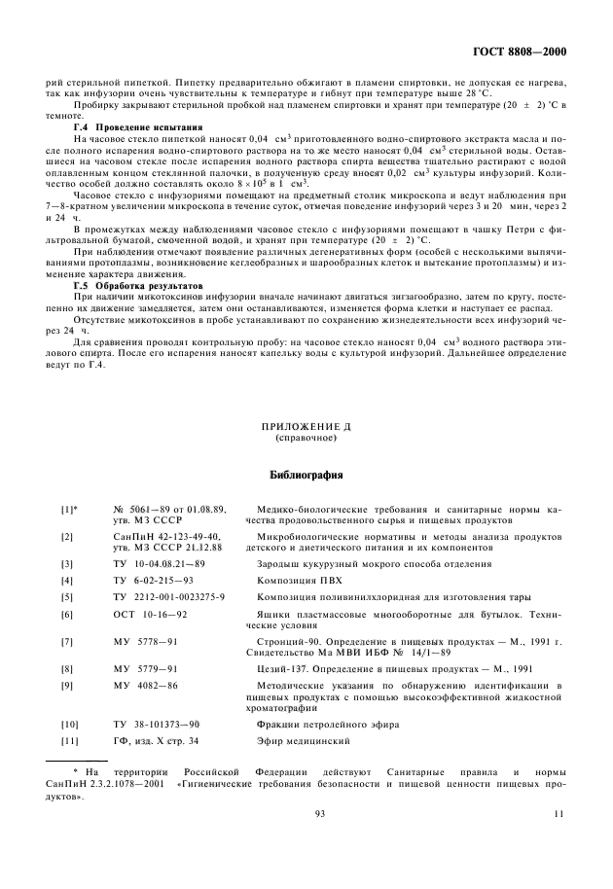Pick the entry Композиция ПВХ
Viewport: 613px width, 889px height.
(x=296, y=581)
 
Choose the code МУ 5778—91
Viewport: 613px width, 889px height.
(x=145, y=643)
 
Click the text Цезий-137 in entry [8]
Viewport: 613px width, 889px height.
(x=283, y=669)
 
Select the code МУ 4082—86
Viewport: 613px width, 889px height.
(x=145, y=687)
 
